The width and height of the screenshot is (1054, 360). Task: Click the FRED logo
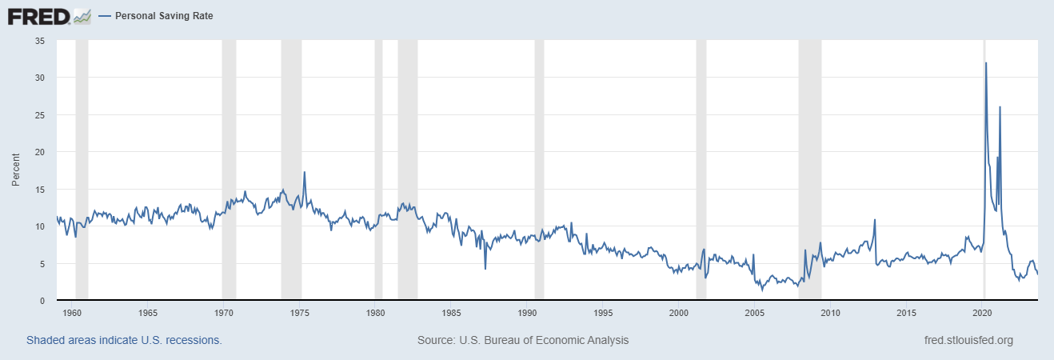[x=49, y=15]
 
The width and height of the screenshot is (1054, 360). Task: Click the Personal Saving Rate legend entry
[x=164, y=15]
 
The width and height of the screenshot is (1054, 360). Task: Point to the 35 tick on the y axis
[x=39, y=40]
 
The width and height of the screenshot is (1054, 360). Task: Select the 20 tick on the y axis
[x=39, y=152]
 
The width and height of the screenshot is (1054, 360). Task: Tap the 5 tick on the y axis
[x=42, y=264]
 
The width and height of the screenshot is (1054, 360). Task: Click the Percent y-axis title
[x=16, y=170]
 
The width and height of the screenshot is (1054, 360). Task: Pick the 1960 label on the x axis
[x=71, y=312]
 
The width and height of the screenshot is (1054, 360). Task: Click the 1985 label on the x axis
[x=451, y=312]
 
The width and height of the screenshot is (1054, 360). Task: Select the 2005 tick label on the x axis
[x=755, y=312]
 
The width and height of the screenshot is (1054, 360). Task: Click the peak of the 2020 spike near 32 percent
[x=986, y=62]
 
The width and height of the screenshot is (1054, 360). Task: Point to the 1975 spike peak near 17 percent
[x=304, y=172]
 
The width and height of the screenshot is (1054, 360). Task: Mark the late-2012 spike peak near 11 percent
[x=875, y=219]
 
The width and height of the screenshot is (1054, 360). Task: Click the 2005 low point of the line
[x=762, y=290]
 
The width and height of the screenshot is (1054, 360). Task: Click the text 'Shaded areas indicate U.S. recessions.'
[x=124, y=340]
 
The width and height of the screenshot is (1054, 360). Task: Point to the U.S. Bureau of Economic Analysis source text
[x=523, y=340]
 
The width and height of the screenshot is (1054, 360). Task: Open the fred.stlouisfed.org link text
[x=968, y=340]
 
